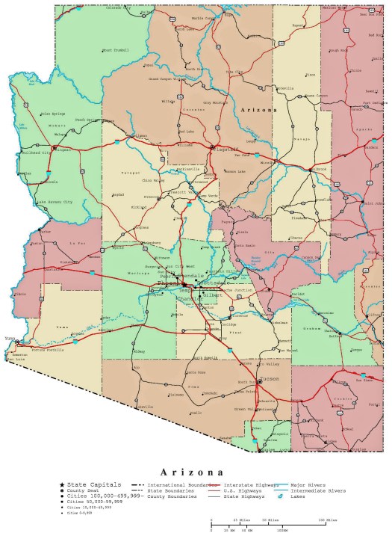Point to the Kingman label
[x=62, y=150]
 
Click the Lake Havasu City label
[x=55, y=202]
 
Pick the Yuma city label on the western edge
[x=9, y=339]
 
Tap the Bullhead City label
[x=34, y=152]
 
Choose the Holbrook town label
[x=317, y=168]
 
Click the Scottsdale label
[x=211, y=283]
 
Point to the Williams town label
[x=184, y=144]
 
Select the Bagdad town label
[x=118, y=194]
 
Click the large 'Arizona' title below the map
[x=192, y=472]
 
